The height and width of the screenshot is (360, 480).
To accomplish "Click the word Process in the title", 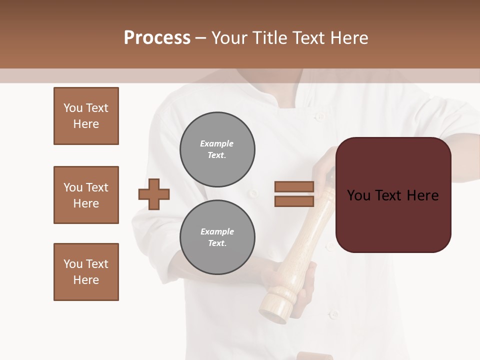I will tap(157, 38).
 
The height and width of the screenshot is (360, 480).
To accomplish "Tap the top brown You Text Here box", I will tap(86, 116).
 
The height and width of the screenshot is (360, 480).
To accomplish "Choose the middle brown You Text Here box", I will tap(86, 195).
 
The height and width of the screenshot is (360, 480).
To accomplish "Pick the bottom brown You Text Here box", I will tap(86, 272).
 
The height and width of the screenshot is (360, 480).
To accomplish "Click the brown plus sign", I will tap(154, 194).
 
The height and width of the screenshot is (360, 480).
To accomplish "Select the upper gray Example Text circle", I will tap(217, 149).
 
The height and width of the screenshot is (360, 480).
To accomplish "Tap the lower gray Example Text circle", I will tap(217, 237).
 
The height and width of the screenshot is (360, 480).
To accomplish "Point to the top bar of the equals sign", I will tap(294, 187).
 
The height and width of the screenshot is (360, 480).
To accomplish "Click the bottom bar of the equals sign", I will tap(294, 201).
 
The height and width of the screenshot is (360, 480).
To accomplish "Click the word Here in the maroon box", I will tap(422, 195).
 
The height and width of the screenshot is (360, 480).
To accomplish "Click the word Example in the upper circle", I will tap(217, 143).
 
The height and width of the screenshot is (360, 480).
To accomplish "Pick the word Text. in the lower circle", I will tap(217, 243).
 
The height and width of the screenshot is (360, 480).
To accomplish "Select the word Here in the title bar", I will tap(350, 38).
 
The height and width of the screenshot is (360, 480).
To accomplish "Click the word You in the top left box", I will tap(73, 108).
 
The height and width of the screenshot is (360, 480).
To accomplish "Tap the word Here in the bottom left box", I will tap(86, 280).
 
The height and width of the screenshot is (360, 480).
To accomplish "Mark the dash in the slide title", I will tap(201, 38).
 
